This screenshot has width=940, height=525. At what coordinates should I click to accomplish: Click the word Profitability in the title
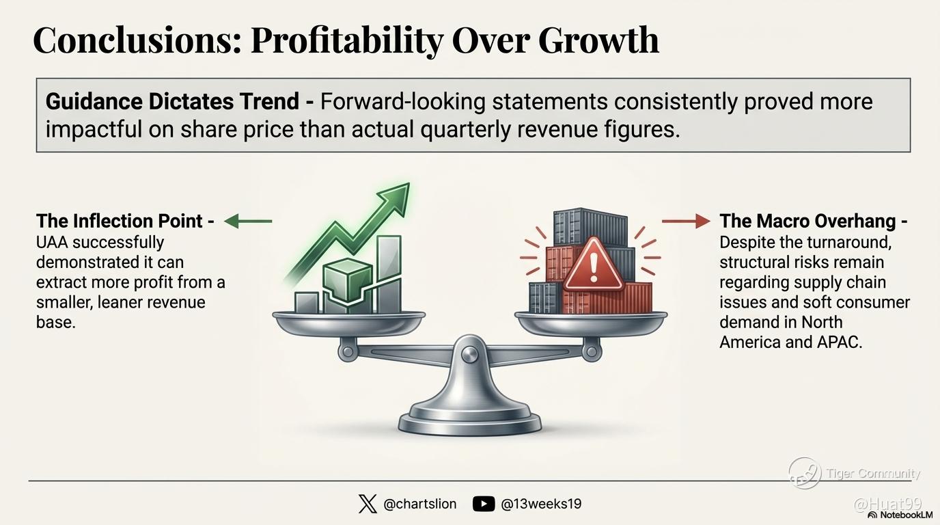click(346, 41)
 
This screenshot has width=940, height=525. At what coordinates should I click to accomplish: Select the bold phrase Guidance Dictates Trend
click(172, 102)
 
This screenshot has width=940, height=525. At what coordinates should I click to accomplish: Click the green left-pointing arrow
click(248, 221)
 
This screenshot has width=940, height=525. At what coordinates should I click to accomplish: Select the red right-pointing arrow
click(686, 221)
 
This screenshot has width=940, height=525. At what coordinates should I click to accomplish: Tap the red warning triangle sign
click(593, 265)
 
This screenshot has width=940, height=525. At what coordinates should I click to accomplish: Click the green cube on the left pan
click(348, 280)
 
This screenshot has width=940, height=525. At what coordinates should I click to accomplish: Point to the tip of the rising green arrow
click(409, 184)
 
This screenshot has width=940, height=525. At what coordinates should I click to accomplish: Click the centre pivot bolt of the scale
click(469, 355)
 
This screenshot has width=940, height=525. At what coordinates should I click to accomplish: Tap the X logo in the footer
click(368, 504)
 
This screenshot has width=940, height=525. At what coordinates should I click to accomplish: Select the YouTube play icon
click(484, 504)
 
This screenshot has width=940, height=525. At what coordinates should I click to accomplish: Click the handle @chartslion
click(420, 504)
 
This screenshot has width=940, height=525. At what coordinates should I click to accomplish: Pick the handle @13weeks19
click(541, 504)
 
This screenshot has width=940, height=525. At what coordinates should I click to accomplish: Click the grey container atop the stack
click(590, 228)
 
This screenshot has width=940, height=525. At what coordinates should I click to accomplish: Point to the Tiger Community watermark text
click(873, 474)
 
